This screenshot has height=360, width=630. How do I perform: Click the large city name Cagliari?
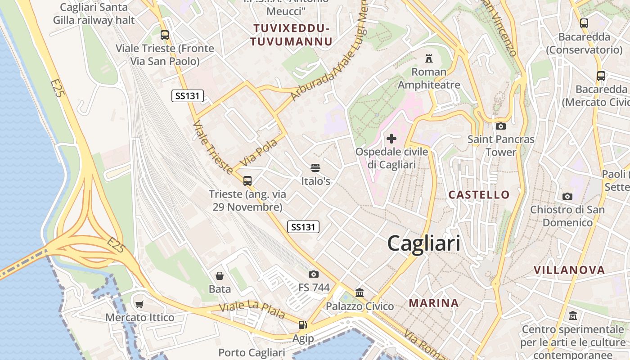click(423, 243)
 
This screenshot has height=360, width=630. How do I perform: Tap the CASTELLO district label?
click(479, 195)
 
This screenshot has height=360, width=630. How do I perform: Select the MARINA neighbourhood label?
click(434, 303)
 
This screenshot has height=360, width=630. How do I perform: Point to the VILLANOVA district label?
click(569, 270)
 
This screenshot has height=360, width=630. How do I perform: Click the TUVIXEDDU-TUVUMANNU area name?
click(292, 35)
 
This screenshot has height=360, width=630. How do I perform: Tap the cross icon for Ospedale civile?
click(391, 139)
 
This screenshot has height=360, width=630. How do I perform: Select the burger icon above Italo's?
click(315, 168)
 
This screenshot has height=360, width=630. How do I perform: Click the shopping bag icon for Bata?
click(220, 275)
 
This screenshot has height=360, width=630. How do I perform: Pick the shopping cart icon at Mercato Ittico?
click(139, 304)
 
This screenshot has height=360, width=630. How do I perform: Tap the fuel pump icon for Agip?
click(303, 324)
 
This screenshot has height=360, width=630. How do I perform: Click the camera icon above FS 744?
click(314, 274)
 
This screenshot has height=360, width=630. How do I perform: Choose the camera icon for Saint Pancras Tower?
click(500, 126)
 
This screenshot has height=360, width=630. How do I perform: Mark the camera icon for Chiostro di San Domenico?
click(567, 196)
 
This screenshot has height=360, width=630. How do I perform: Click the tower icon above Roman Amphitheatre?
click(428, 58)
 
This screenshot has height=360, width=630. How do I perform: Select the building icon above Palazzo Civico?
click(360, 293)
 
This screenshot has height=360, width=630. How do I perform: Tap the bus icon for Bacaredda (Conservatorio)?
click(584, 23)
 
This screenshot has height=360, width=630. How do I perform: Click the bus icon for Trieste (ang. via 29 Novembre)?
click(247, 181)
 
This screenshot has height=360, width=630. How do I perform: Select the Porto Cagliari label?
click(252, 352)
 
